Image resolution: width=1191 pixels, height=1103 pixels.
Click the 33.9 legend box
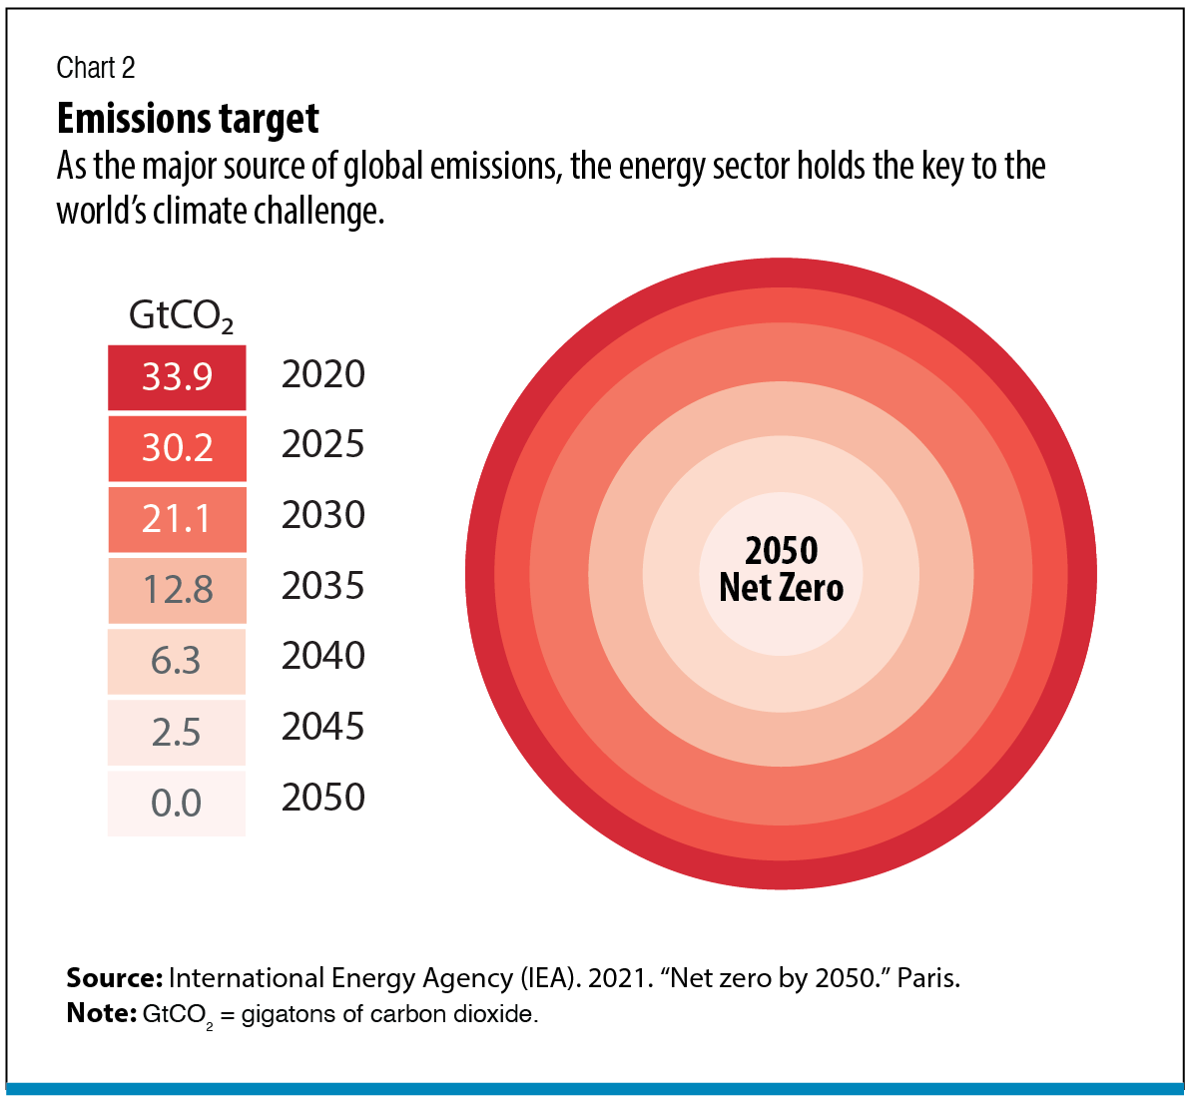[177, 377]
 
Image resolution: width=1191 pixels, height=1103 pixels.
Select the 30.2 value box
[177, 448]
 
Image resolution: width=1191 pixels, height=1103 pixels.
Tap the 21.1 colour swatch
[177, 519]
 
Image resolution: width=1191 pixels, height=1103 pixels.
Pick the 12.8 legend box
[177, 590]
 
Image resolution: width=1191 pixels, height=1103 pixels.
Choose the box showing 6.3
[177, 661]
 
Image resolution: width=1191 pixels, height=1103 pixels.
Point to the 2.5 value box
[177, 732]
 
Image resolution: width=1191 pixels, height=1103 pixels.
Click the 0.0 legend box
[177, 803]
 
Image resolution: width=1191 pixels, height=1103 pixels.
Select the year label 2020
[323, 374]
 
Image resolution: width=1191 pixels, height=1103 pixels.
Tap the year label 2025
[323, 445]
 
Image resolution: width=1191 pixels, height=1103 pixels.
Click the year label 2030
[323, 515]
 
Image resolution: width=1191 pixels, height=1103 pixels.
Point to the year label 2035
[323, 586]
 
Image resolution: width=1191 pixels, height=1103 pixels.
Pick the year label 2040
[323, 656]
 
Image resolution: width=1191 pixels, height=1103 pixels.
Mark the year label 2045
[323, 727]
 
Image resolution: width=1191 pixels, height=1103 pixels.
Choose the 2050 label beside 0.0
[323, 798]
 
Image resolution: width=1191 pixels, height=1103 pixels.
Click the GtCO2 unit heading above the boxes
[181, 316]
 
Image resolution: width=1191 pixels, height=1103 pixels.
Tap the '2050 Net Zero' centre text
[782, 569]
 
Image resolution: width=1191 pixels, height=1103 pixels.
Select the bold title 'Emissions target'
[188, 119]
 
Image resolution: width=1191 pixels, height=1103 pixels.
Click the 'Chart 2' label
[96, 68]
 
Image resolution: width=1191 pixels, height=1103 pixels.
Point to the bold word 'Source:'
[114, 978]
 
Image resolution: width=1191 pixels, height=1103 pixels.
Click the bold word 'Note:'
[101, 1013]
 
